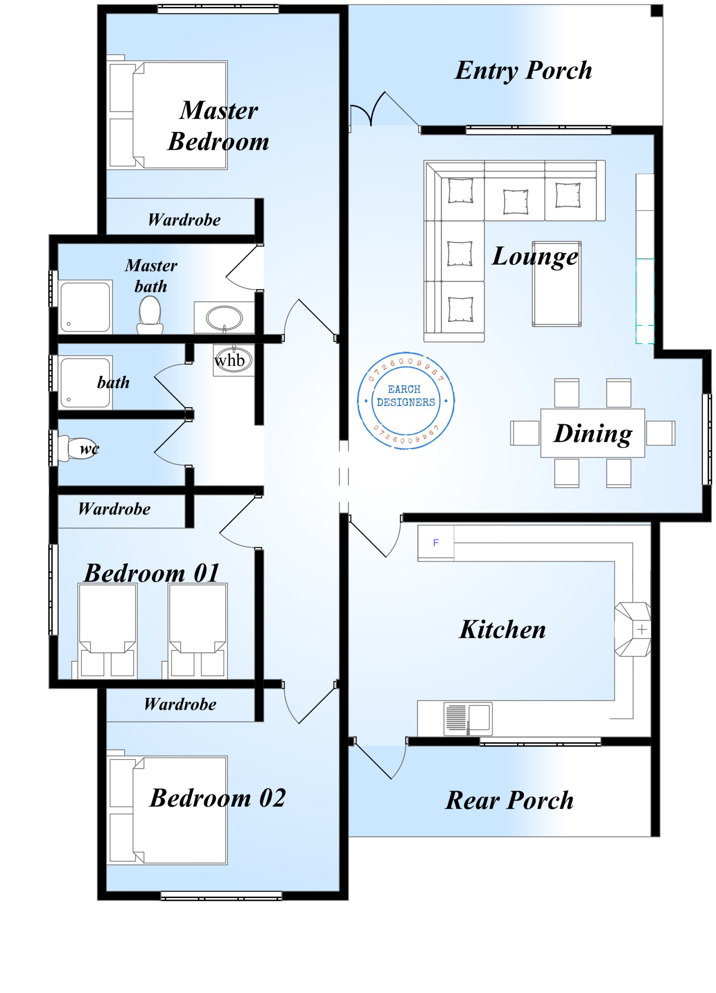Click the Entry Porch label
tap(523, 71)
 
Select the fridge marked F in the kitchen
tap(435, 543)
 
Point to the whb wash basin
tap(233, 360)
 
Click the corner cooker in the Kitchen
tap(632, 629)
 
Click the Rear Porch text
tap(509, 800)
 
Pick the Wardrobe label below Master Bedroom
tap(184, 220)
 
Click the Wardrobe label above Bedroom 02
tap(180, 704)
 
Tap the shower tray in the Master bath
tap(85, 307)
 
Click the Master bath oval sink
tap(224, 318)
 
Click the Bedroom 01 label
tap(152, 573)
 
